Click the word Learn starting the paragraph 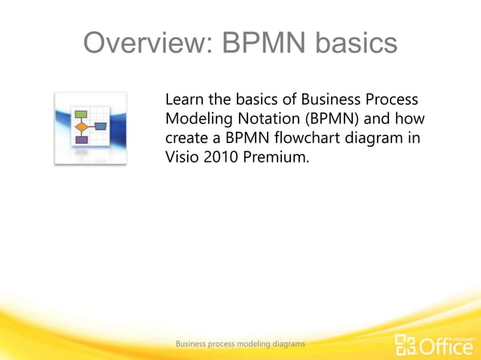point(183,100)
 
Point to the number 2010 point(220,157)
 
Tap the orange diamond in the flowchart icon point(81,127)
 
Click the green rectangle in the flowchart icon point(81,114)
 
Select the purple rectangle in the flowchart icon point(81,139)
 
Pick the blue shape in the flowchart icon point(100,127)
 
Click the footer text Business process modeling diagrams point(240,343)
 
